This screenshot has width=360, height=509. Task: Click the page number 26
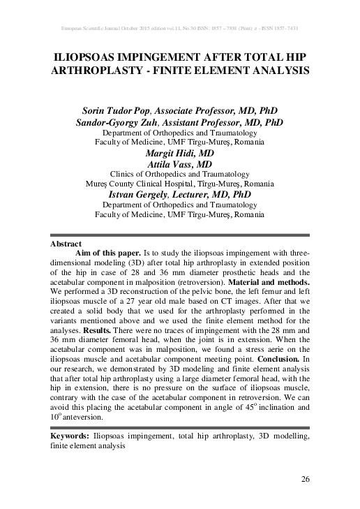tap(304, 478)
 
